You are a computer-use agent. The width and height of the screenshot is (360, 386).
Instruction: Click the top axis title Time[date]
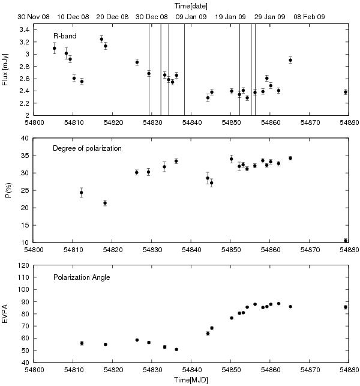click(191, 5)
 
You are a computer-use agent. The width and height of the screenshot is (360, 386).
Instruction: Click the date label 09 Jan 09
click(192, 17)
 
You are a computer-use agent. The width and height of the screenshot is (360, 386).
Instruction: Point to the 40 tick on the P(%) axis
click(26, 138)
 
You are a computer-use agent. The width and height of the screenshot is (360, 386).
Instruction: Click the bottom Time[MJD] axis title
click(191, 380)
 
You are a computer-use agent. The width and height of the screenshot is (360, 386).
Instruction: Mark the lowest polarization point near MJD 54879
click(346, 241)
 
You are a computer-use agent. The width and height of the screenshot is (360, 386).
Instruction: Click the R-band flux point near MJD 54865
click(290, 60)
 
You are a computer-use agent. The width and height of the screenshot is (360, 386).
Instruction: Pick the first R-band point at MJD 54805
click(54, 48)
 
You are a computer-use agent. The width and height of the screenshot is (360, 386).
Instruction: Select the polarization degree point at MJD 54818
click(105, 203)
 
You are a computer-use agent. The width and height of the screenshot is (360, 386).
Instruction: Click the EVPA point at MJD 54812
click(82, 343)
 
